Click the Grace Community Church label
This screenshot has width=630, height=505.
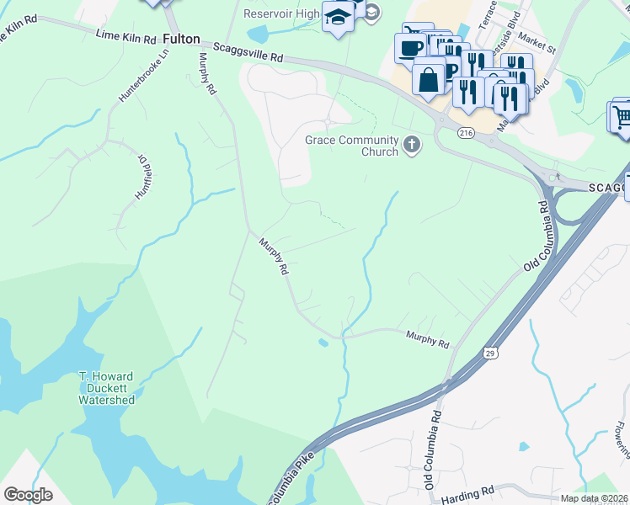point(350,146)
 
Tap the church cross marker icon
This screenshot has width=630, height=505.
point(412,145)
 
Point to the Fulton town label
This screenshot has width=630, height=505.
point(181,39)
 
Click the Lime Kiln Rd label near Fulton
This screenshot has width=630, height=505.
point(126,37)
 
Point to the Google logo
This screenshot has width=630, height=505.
point(28,495)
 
